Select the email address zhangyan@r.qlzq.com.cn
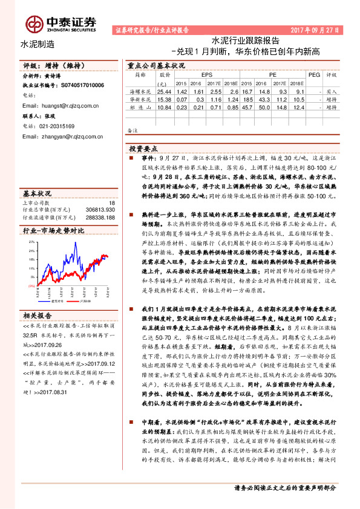pyautogui.click(x=62, y=137)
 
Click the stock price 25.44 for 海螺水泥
pyautogui.click(x=164, y=89)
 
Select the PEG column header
pyautogui.click(x=313, y=76)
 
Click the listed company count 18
pyautogui.click(x=111, y=204)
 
